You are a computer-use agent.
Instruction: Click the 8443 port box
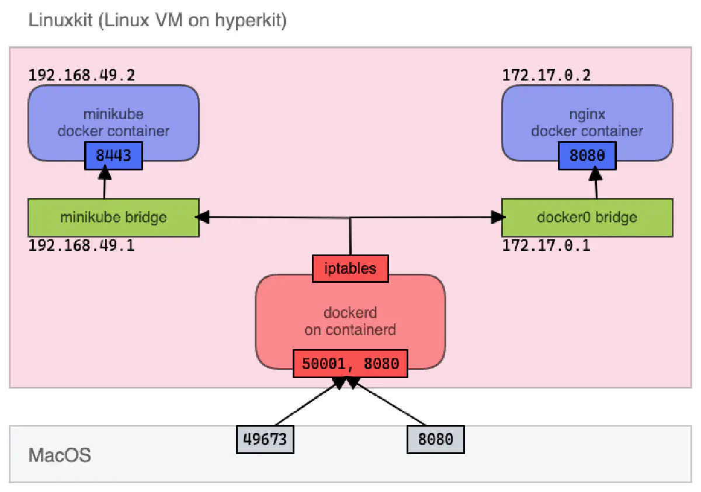114,156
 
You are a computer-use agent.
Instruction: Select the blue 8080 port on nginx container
587,156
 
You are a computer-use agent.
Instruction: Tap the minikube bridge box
113,217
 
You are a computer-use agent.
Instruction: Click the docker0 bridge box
587,217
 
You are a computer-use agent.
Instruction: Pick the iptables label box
350,269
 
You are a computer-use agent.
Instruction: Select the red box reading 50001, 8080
350,364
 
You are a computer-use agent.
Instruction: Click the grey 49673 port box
265,439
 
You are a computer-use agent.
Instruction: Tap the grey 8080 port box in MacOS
436,439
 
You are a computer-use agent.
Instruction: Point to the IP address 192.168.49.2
82,75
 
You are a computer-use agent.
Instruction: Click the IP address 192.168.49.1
82,245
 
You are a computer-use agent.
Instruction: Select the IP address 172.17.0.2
546,75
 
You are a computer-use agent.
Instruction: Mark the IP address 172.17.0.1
546,245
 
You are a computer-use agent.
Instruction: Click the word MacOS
60,455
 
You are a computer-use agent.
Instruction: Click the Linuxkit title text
157,23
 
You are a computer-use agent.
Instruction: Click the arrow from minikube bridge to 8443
105,184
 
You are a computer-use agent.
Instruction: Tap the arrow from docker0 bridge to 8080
596,184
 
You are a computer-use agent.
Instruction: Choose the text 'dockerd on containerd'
350,322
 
